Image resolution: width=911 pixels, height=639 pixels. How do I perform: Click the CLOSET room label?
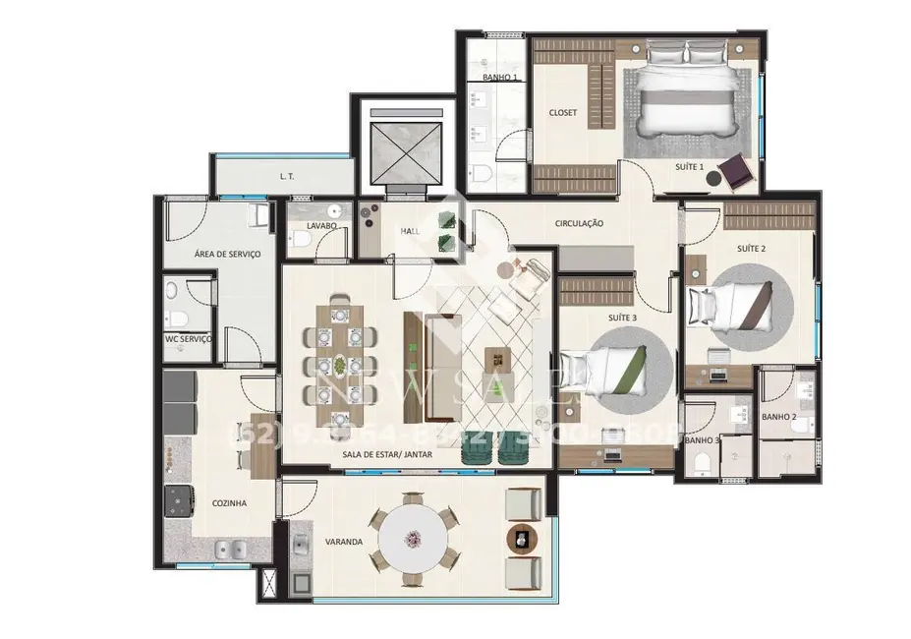tap(562, 113)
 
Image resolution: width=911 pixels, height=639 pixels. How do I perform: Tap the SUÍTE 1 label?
tap(689, 167)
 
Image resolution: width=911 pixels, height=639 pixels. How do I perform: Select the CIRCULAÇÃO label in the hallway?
tap(579, 224)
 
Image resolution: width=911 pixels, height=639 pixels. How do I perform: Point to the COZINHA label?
tap(229, 502)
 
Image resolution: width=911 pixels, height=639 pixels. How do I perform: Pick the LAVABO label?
tap(321, 226)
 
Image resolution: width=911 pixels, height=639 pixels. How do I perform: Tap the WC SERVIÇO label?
tap(188, 339)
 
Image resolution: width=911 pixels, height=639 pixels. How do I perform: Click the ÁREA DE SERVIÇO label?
tap(226, 254)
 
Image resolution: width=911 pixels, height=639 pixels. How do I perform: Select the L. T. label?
tap(287, 177)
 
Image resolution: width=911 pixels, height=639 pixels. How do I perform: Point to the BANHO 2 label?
tap(778, 418)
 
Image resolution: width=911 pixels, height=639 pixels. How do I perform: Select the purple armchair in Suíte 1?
tap(735, 171)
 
